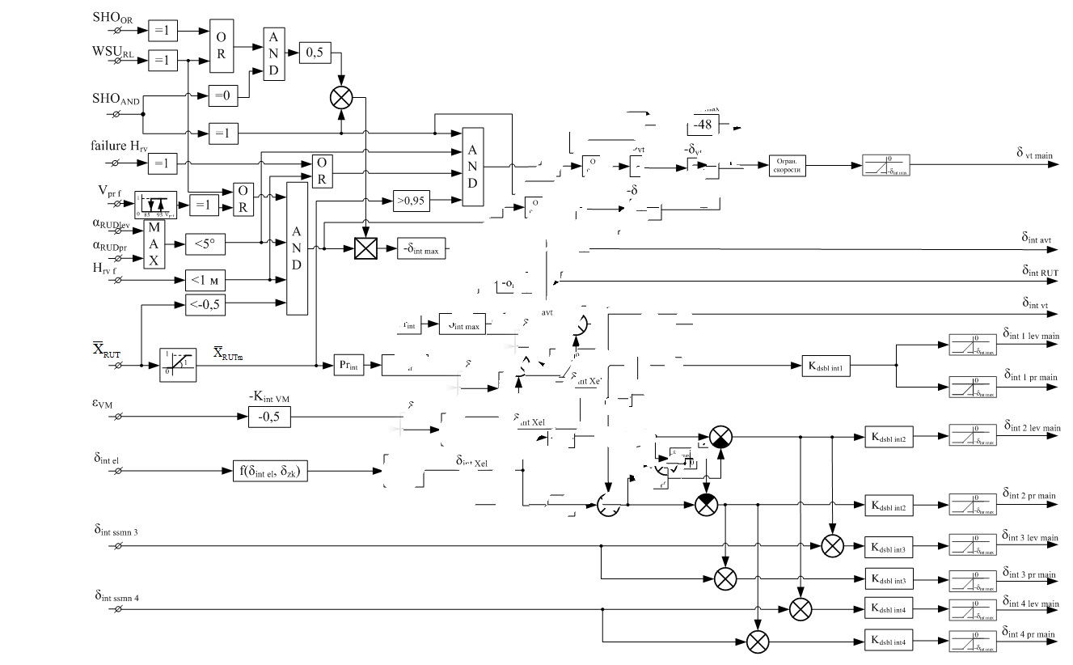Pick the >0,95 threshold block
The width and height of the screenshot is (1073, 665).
pos(412,199)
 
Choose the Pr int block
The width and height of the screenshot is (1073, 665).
pos(349,365)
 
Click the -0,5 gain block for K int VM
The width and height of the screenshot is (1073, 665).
pos(268,417)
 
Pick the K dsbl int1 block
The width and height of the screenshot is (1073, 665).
pos(826,364)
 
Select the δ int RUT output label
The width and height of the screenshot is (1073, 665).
pos(1038,271)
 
